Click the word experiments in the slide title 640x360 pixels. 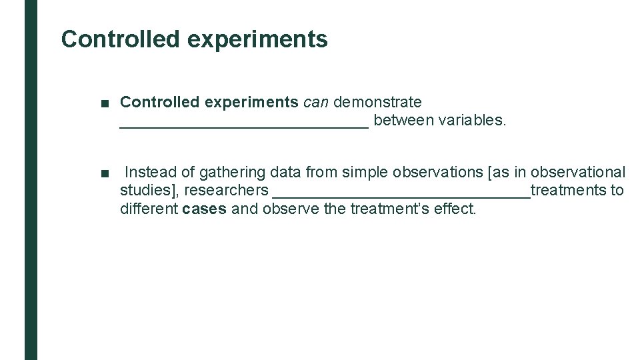pos(257,39)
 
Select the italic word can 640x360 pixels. pos(316,103)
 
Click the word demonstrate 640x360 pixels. pos(377,103)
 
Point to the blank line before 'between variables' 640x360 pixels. pos(243,124)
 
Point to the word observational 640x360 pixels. pos(578,172)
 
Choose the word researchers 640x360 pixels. pos(226,191)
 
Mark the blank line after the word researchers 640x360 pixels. pos(401,194)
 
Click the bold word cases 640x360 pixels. pos(204,209)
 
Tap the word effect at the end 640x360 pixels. pos(457,209)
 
